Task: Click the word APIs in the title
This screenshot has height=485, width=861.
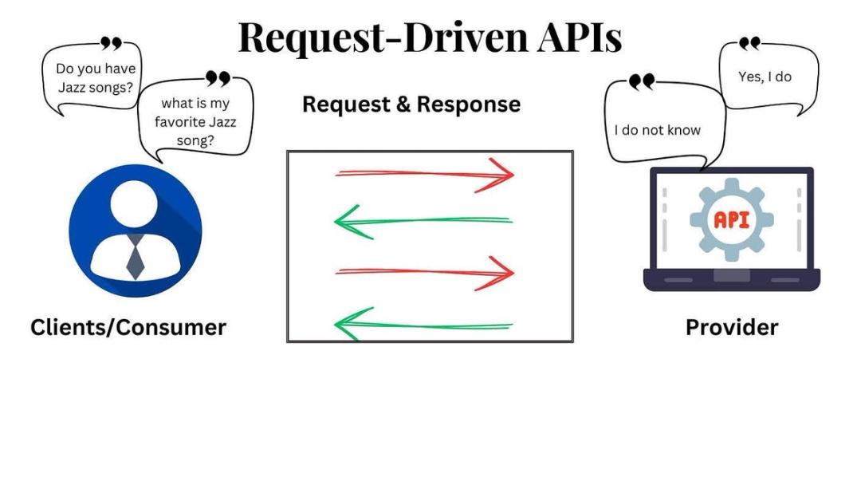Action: pyautogui.click(x=580, y=37)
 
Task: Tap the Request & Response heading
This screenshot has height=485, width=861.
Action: pyautogui.click(x=411, y=104)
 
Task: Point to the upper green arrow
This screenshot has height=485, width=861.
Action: pyautogui.click(x=423, y=221)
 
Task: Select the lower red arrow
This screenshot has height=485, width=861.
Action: pyautogui.click(x=424, y=273)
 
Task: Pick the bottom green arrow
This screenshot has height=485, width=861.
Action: pyautogui.click(x=423, y=325)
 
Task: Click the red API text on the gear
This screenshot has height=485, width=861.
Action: pyautogui.click(x=731, y=219)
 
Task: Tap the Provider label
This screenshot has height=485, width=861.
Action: pyautogui.click(x=732, y=327)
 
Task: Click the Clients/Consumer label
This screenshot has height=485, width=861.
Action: pyautogui.click(x=128, y=327)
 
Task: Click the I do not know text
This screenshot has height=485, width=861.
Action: pyautogui.click(x=657, y=130)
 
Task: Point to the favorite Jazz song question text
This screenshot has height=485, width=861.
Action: pyautogui.click(x=195, y=122)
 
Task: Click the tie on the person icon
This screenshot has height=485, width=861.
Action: pyautogui.click(x=135, y=257)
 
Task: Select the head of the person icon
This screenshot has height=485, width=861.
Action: pyautogui.click(x=134, y=203)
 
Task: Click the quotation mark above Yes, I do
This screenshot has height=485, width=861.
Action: pyautogui.click(x=749, y=43)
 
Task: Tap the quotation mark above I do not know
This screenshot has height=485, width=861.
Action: pyautogui.click(x=642, y=82)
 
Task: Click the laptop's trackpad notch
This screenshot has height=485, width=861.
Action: pyautogui.click(x=732, y=275)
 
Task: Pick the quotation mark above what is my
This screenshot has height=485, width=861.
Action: pyautogui.click(x=218, y=78)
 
